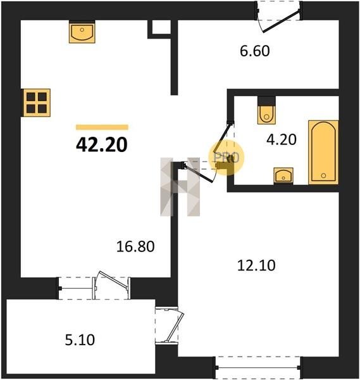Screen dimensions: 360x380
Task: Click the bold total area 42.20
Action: (x=102, y=145)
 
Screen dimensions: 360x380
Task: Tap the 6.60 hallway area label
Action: (x=255, y=51)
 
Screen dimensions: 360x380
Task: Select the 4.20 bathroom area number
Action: (x=282, y=139)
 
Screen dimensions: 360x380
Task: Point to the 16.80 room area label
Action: (x=135, y=246)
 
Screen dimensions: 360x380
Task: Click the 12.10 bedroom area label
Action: (x=256, y=265)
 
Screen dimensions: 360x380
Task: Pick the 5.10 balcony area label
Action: (x=80, y=339)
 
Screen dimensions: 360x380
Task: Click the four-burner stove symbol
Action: (x=37, y=103)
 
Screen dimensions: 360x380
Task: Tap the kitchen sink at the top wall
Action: (x=82, y=32)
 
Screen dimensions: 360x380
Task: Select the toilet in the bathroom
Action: (x=266, y=110)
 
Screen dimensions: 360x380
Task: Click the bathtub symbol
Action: (x=323, y=152)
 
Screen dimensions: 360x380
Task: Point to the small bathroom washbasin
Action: (x=283, y=175)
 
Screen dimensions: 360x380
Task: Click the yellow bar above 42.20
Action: (x=102, y=127)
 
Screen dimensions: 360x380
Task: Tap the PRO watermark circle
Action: (x=227, y=158)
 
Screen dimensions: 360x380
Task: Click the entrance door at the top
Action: (x=280, y=16)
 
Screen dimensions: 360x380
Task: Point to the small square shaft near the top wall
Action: (x=159, y=29)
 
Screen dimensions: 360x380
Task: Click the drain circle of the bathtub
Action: (x=323, y=175)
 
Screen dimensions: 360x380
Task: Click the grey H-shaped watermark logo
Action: (x=180, y=187)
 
